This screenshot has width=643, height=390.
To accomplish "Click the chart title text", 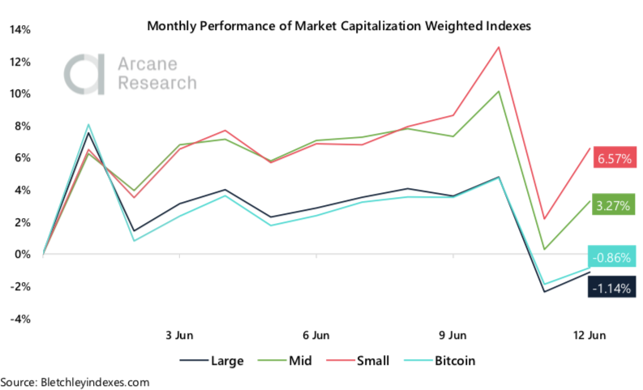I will pos(340,25).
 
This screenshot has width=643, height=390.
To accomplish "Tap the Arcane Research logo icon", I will pos(83,74).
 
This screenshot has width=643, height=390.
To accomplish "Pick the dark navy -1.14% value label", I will pos(612,286).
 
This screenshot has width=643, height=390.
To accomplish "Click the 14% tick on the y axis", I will pos(19,30).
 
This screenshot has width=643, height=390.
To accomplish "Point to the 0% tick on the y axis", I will pos(22,255).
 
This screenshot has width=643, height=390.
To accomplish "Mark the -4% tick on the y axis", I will pos(19,319).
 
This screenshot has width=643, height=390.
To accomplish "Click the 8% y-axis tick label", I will pos(22,126).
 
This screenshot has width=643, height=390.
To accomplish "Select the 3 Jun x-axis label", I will pos(179,335).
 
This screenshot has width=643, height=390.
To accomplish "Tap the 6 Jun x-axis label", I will pos(315,335).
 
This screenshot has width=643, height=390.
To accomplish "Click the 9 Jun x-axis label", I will pos(452,335).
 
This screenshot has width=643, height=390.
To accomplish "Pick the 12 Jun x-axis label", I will pos(588,335).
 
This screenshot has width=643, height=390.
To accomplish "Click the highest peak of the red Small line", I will pos(498,47).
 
